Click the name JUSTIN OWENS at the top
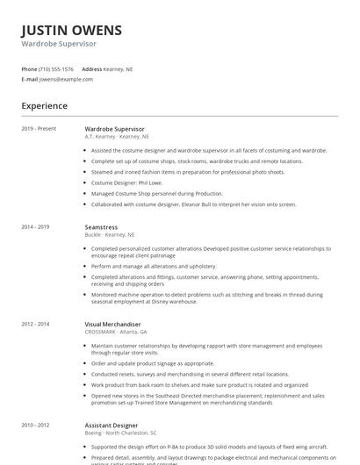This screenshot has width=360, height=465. pyautogui.click(x=72, y=30)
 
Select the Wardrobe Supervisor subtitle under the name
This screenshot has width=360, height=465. pyautogui.click(x=59, y=43)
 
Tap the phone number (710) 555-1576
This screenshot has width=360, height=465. pyautogui.click(x=57, y=68)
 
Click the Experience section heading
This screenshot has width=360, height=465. pyautogui.click(x=45, y=106)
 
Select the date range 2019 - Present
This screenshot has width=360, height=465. pyautogui.click(x=39, y=129)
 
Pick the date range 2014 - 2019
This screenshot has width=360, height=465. pyautogui.click(x=36, y=227)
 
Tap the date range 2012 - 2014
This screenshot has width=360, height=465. pyautogui.click(x=36, y=325)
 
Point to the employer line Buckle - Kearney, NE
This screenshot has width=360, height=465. pyautogui.click(x=110, y=235)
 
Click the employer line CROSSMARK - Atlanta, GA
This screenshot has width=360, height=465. pyautogui.click(x=116, y=333)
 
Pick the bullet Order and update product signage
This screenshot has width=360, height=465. pyautogui.click(x=152, y=363)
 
